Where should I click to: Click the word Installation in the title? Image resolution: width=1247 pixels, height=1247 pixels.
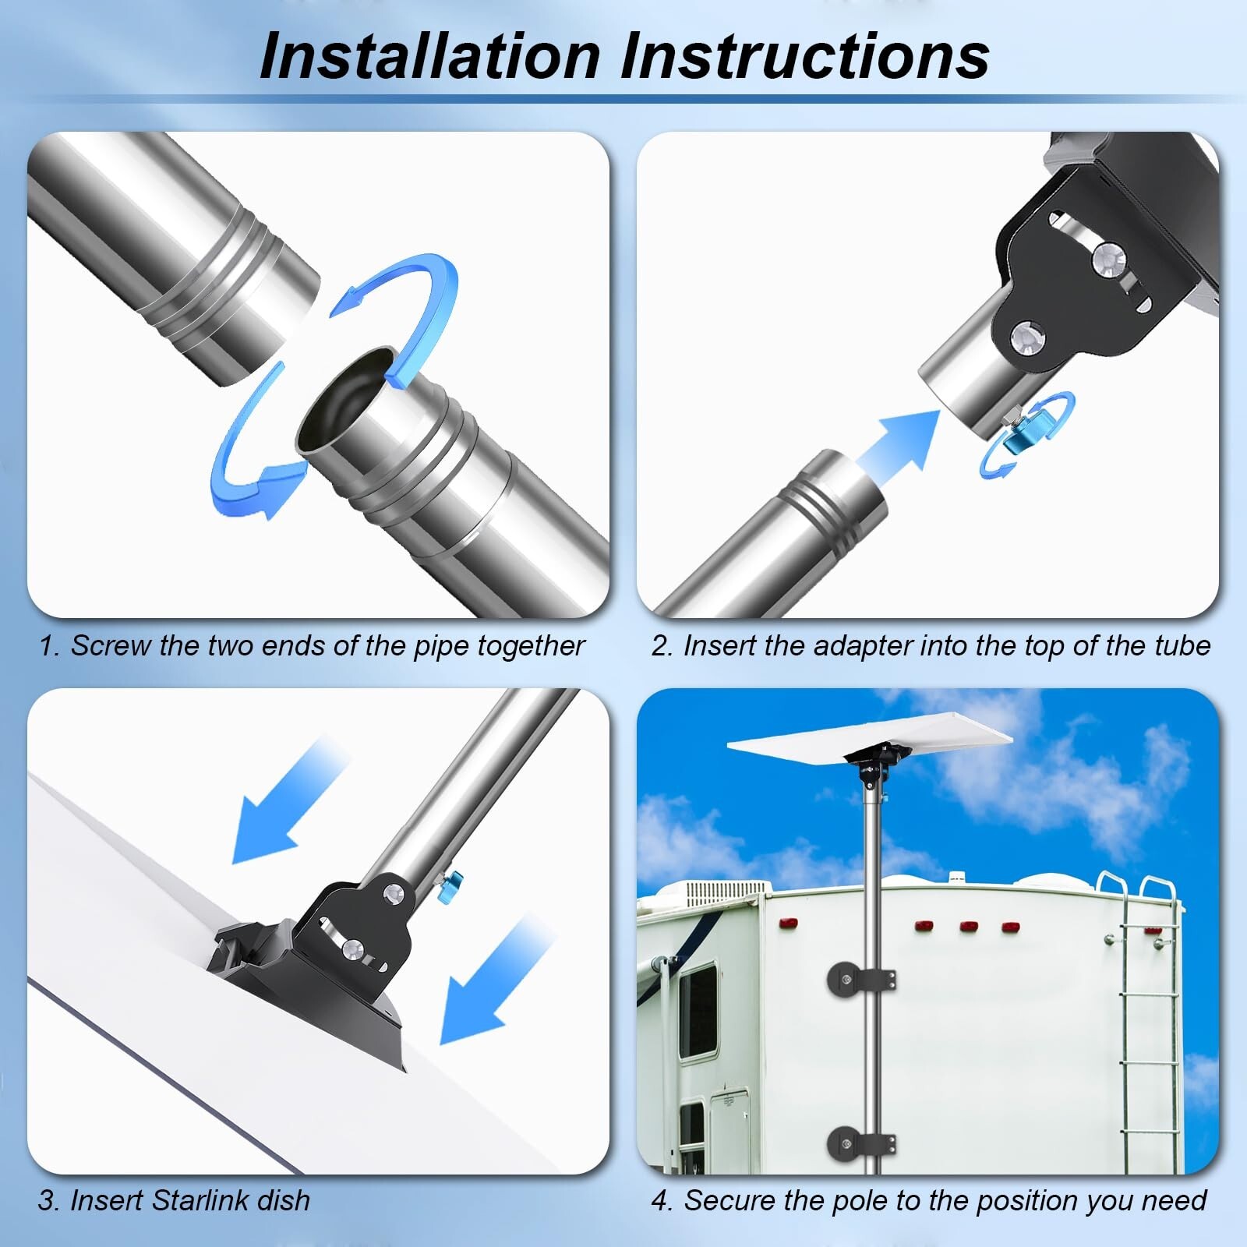click(x=430, y=56)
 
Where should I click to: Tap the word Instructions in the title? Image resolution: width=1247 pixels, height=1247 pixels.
click(x=805, y=56)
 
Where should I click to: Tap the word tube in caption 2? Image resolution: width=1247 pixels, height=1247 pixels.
click(x=1182, y=646)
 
